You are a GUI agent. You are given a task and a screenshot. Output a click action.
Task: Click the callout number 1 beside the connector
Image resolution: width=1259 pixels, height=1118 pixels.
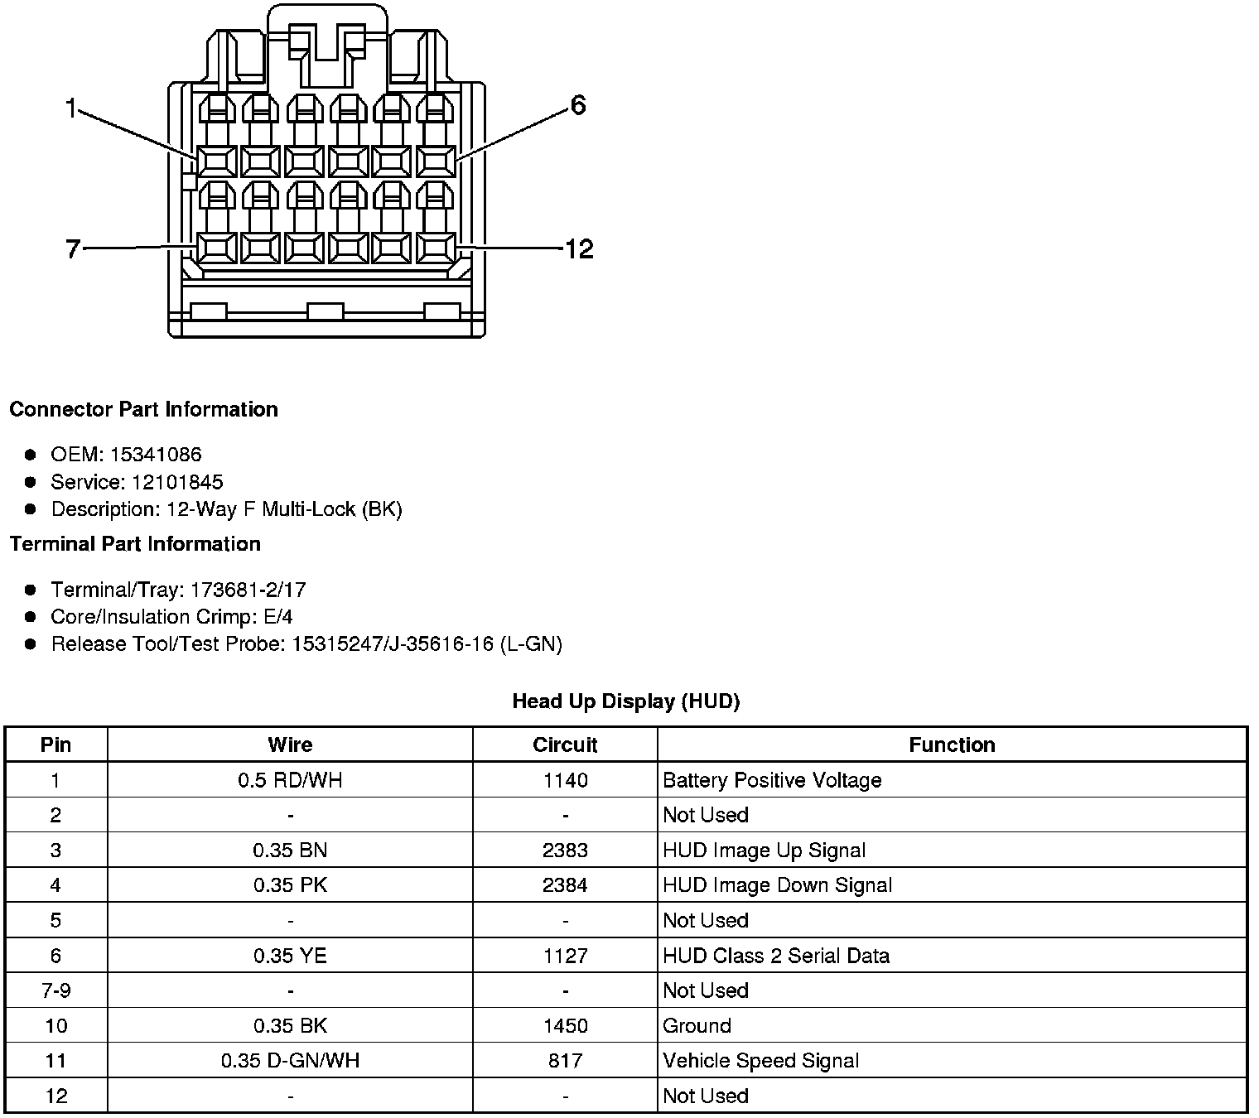pos(71,108)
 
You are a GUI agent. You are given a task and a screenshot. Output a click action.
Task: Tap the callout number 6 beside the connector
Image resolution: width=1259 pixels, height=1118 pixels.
pos(577,105)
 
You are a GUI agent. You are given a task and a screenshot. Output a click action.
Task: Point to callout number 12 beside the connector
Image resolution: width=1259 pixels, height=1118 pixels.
pos(579,248)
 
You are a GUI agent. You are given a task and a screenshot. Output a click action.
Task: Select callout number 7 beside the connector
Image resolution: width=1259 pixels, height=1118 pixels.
pos(73,248)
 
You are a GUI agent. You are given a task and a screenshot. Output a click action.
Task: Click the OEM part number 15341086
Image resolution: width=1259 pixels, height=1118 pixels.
pos(156,454)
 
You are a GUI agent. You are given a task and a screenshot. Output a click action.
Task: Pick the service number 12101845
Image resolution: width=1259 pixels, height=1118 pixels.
pos(177,482)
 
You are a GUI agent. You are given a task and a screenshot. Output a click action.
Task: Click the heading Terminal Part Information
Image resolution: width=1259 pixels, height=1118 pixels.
pos(135,543)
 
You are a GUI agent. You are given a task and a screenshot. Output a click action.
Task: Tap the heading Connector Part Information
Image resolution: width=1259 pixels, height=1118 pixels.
pos(143,409)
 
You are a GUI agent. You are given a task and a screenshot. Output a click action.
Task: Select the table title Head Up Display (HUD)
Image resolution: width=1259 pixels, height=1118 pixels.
pos(625,701)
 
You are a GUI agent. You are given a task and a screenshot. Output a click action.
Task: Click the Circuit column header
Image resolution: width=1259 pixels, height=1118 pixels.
pos(565,745)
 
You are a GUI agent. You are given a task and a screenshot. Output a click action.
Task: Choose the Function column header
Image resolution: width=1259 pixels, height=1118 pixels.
pos(952,745)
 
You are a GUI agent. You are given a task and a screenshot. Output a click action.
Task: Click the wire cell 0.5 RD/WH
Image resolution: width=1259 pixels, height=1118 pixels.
pos(290,780)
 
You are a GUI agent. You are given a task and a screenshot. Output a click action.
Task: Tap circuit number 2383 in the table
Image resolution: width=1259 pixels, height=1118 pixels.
pos(565,851)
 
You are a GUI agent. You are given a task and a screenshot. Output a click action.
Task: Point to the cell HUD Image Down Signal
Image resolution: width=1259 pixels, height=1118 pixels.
pos(777,885)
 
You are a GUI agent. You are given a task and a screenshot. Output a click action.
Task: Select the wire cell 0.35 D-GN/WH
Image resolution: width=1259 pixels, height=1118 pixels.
pos(290,1061)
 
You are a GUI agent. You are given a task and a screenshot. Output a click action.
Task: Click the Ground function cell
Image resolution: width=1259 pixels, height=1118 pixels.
pos(697,1026)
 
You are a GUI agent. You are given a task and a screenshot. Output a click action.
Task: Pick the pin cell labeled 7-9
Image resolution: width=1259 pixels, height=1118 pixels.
pos(55,990)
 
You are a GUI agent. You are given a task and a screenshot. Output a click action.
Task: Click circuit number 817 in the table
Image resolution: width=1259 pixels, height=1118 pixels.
pos(565,1061)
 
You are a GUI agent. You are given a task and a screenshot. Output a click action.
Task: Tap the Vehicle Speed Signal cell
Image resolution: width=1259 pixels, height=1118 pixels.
pos(760,1061)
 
